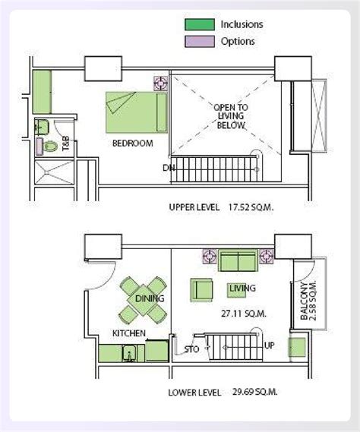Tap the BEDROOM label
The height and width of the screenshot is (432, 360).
[132, 143]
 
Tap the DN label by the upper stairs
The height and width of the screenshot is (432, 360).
[168, 168]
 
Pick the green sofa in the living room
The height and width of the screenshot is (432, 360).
[238, 263]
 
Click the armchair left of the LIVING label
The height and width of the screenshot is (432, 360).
[201, 289]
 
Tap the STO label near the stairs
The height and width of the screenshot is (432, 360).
[191, 350]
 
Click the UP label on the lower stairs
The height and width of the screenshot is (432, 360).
[269, 344]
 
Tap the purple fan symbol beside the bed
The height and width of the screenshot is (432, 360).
[160, 81]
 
